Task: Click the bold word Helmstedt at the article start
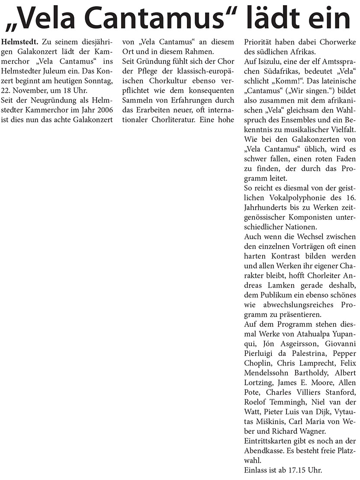[x=20, y=42]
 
